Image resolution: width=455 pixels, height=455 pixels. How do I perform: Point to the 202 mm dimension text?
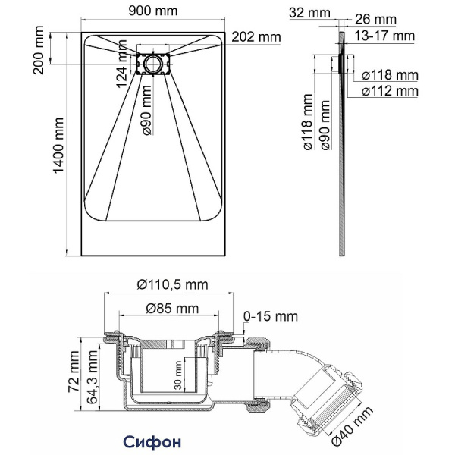255,37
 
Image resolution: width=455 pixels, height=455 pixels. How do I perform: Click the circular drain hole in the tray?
155,63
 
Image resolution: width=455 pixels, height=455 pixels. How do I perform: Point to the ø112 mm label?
389,91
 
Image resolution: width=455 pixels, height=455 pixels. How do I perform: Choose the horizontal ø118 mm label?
389,75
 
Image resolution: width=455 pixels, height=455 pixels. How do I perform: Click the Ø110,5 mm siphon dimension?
172,284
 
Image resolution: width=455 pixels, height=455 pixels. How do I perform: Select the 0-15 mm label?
270,316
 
